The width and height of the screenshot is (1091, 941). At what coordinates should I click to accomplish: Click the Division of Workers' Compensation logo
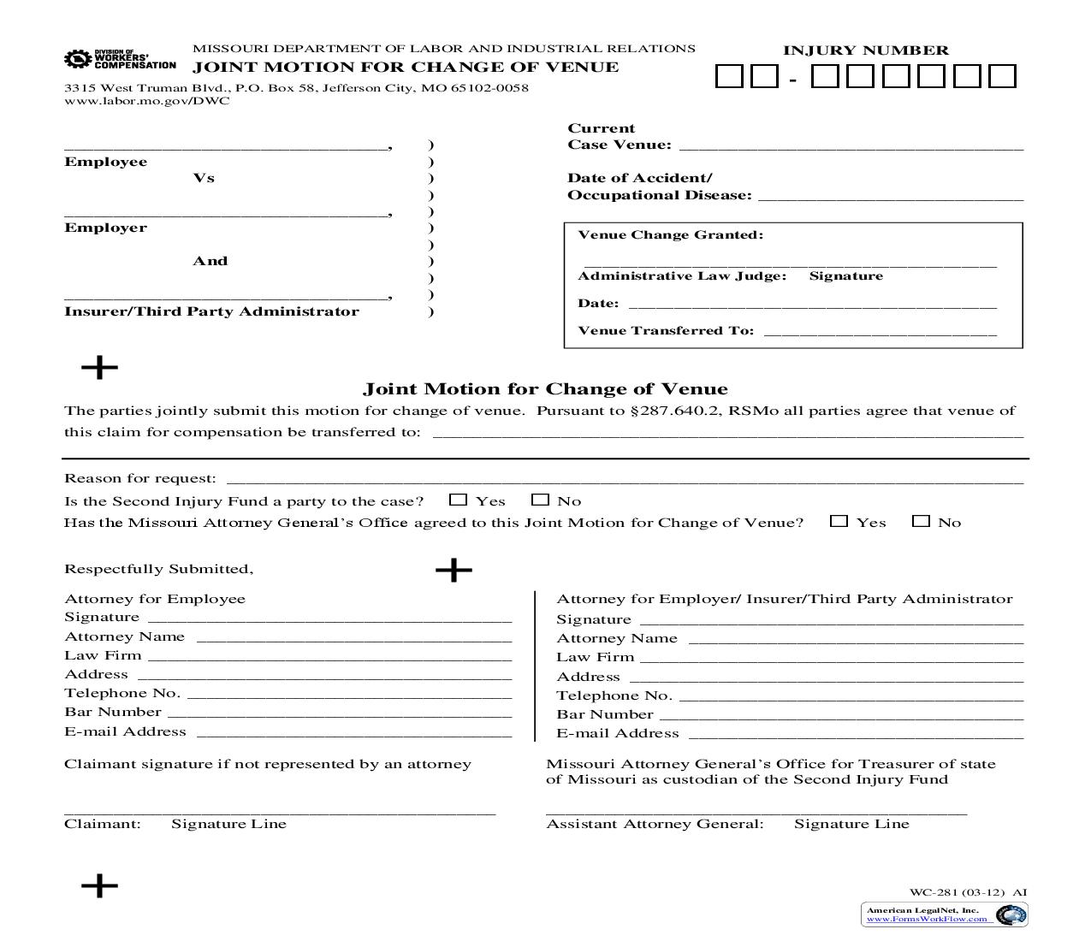(x=119, y=59)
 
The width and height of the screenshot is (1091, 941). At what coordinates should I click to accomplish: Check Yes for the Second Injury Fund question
(x=459, y=500)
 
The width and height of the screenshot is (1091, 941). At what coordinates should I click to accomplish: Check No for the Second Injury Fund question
(x=540, y=500)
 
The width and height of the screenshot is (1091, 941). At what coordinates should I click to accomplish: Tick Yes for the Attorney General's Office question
(x=839, y=521)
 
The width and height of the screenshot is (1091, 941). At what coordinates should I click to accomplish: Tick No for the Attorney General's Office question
(x=921, y=521)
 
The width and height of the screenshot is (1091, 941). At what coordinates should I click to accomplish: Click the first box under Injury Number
(x=729, y=77)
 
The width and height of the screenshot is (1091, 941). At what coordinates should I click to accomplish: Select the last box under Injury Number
(x=1002, y=77)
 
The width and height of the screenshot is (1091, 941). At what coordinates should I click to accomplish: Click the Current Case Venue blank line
(x=851, y=145)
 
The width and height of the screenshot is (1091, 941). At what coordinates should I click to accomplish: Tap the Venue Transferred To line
(x=880, y=332)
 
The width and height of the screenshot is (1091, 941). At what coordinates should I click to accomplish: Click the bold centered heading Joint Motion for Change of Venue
(x=545, y=389)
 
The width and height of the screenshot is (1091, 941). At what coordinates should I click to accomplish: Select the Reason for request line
(x=625, y=479)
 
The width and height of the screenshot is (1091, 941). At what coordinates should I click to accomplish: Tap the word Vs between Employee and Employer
(x=204, y=178)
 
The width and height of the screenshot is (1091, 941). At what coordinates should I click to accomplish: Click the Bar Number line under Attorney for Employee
(x=339, y=713)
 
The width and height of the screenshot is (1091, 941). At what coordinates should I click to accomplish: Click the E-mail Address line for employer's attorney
(x=856, y=734)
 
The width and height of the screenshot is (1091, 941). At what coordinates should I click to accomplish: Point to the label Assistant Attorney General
(x=655, y=824)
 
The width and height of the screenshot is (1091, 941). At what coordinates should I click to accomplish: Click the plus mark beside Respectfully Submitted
(x=454, y=570)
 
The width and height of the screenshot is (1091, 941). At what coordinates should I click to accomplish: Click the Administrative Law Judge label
(x=682, y=275)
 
